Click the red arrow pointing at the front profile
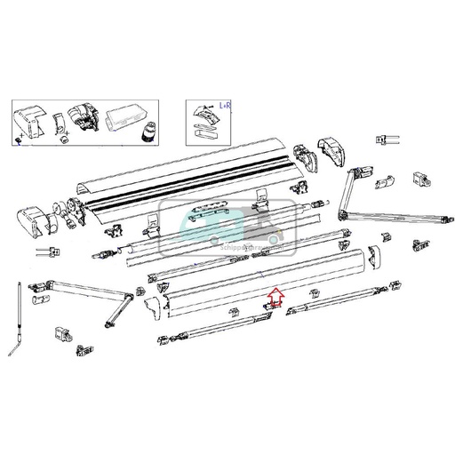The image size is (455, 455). pyautogui.click(x=275, y=296)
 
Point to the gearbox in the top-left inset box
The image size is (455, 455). pyautogui.click(x=84, y=120)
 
